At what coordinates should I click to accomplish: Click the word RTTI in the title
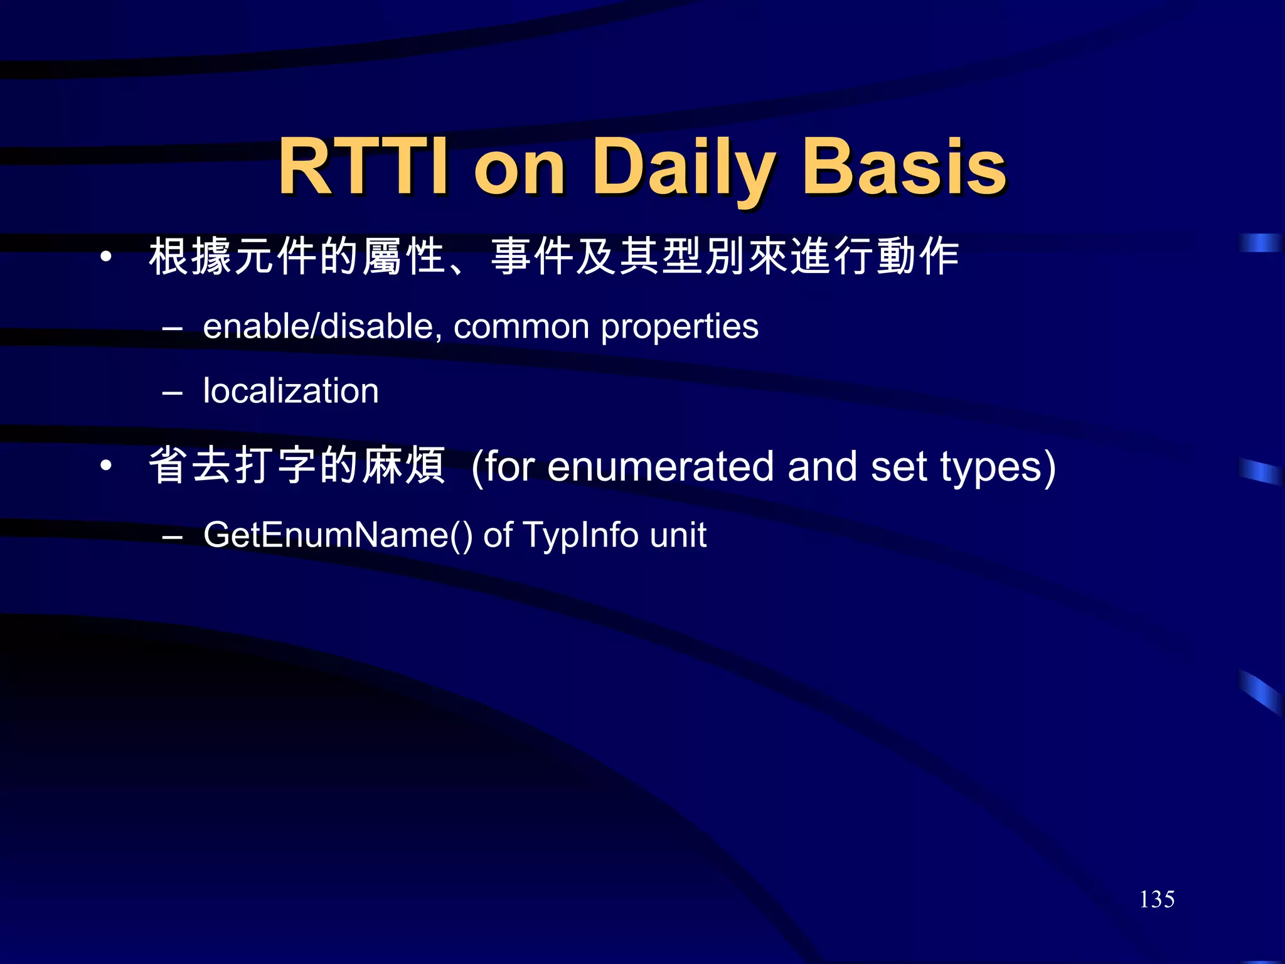point(364,168)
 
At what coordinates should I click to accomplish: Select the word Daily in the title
point(684,168)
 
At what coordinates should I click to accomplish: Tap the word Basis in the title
point(904,168)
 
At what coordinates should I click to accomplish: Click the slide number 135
point(1156,899)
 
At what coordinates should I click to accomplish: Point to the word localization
point(291,391)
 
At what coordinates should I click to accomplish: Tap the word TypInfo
point(580,535)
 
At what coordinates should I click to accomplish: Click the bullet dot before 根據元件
point(106,257)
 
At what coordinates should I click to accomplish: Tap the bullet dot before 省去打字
point(106,466)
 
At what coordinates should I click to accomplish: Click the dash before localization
point(172,393)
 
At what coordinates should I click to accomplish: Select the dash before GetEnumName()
point(172,537)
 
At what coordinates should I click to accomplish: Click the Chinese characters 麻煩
point(404,466)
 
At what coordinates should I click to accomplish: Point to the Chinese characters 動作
point(917,257)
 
